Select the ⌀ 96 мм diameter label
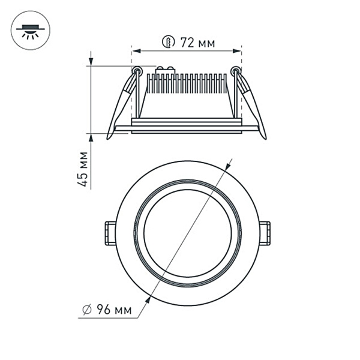tap(111, 310)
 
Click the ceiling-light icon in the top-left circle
tap(31, 30)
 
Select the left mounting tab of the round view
tap(110, 233)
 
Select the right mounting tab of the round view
tap(265, 233)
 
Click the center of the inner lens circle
tap(187, 233)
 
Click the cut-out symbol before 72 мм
tap(168, 43)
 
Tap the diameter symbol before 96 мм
tap(86, 310)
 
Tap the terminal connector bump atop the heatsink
tap(164, 70)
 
